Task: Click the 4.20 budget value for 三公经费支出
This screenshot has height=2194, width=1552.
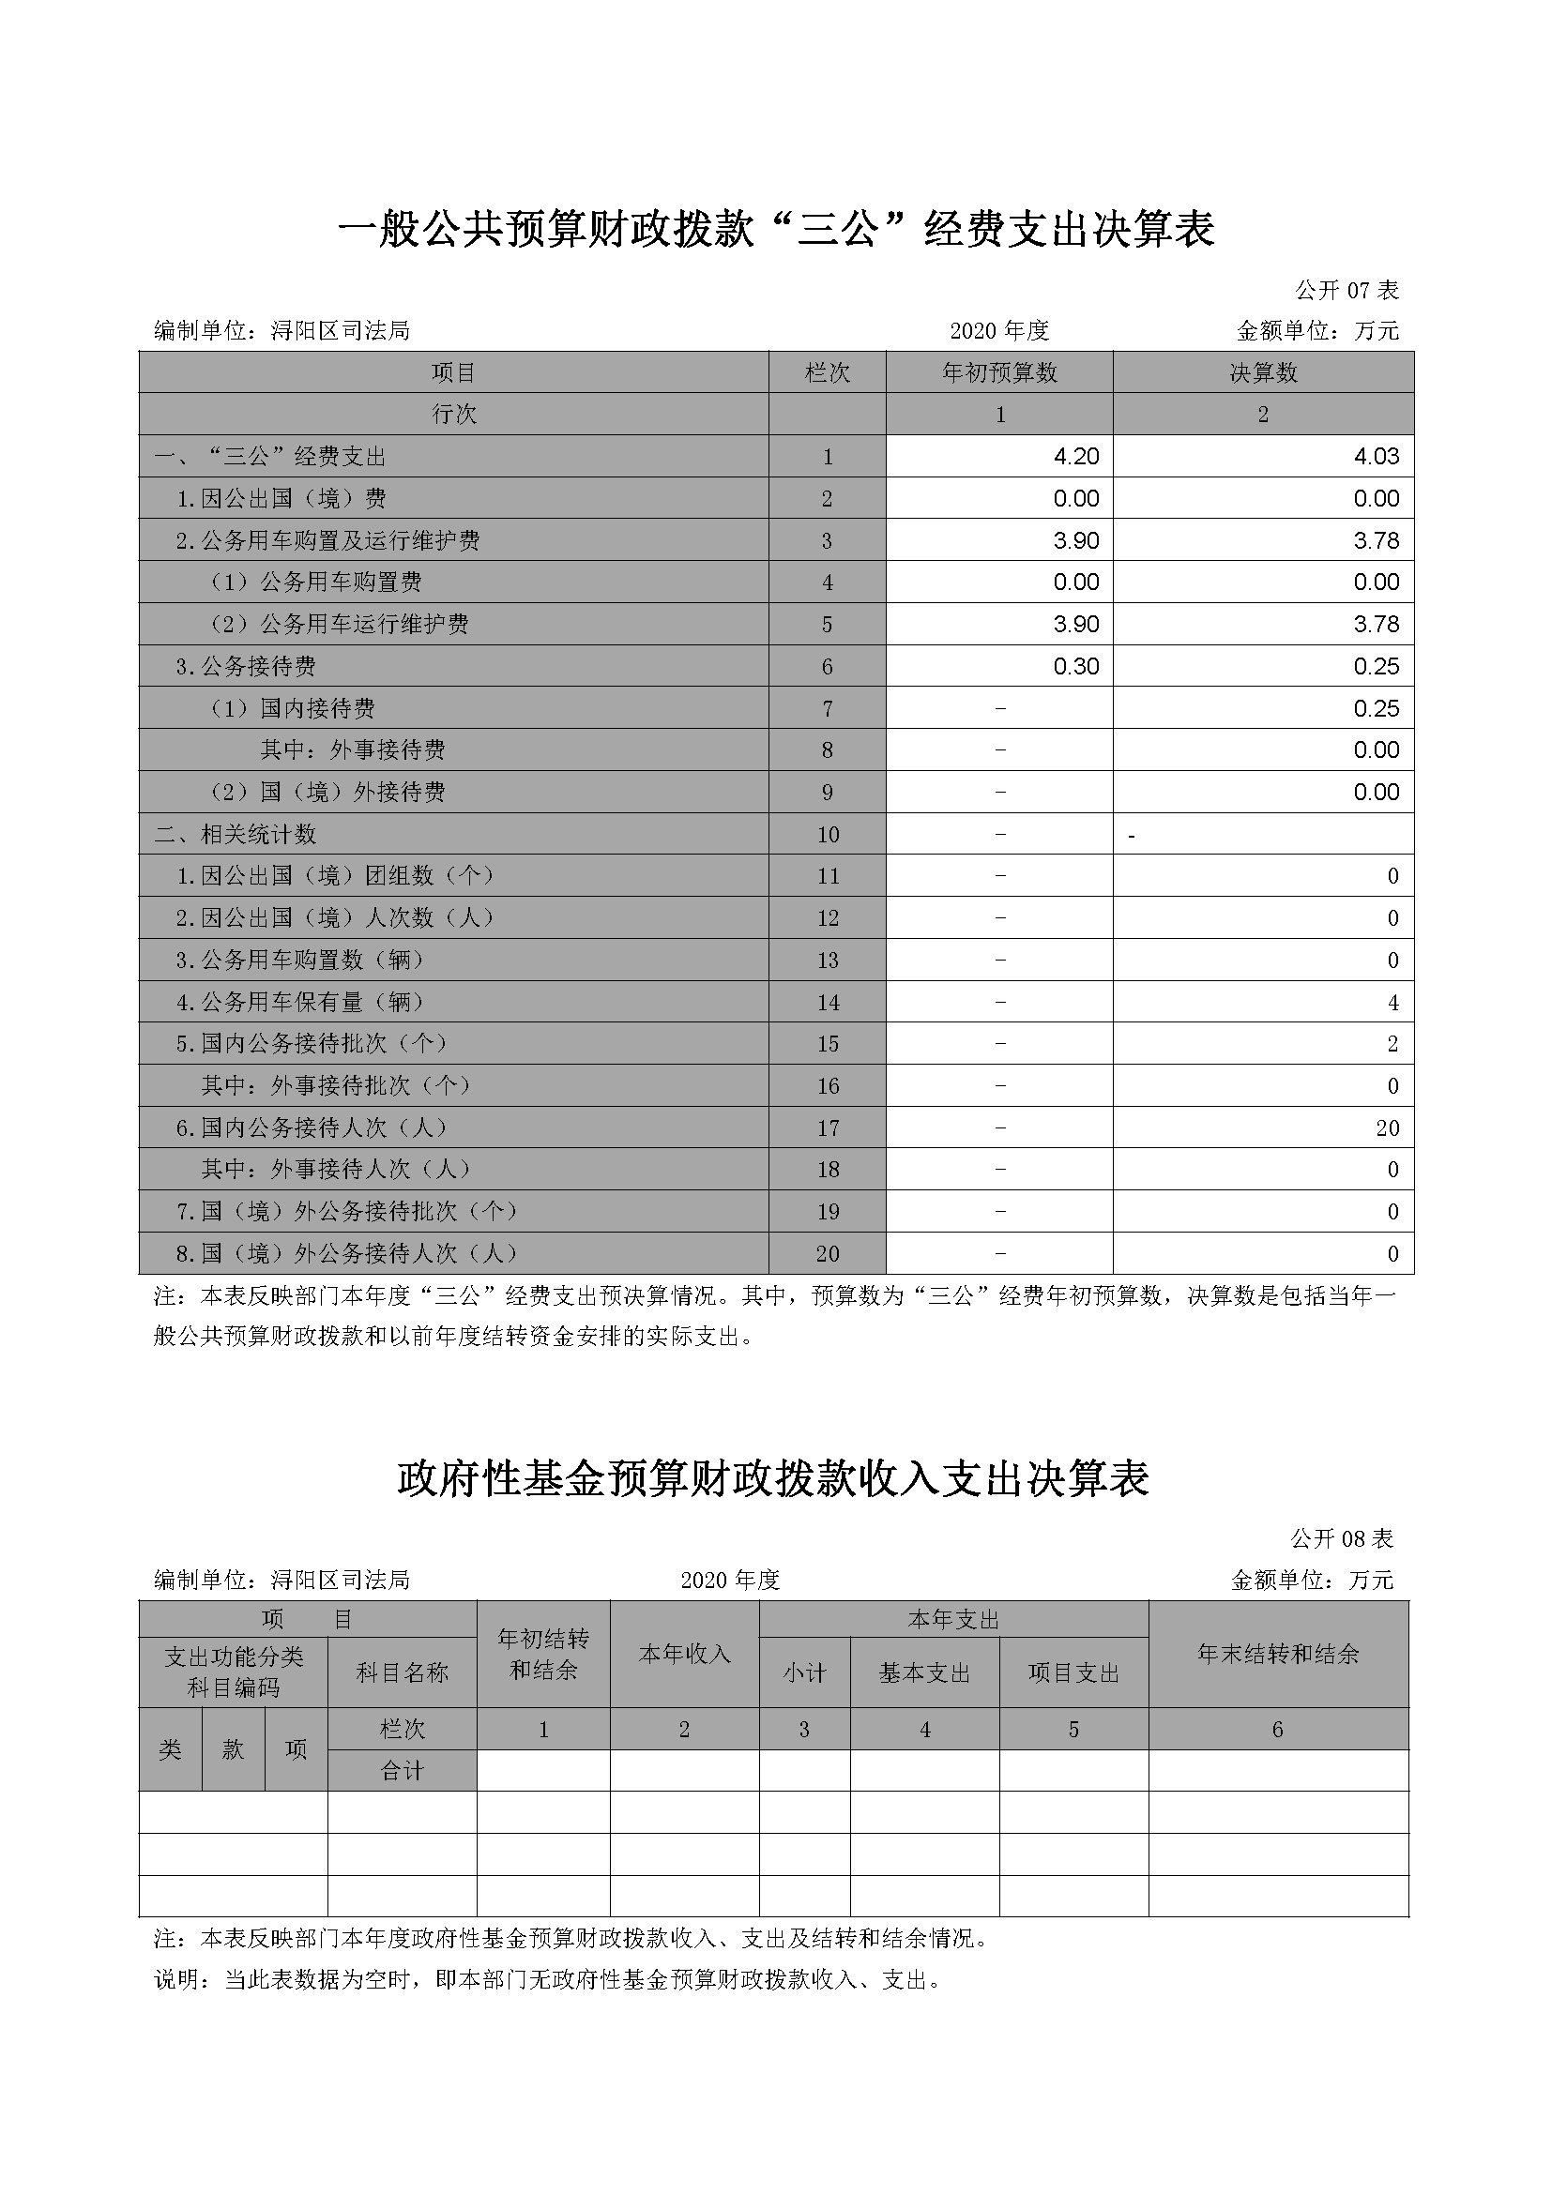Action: pos(1076,457)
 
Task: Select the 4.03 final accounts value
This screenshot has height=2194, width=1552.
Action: pos(1377,457)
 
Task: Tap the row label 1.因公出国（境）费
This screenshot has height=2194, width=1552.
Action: pos(281,499)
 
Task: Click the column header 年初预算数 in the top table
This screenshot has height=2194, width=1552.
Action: pos(999,372)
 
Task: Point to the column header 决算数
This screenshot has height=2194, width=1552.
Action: pos(1263,372)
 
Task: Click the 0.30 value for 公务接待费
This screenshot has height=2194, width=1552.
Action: pos(1076,666)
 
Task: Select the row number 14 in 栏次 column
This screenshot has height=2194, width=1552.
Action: pos(828,1003)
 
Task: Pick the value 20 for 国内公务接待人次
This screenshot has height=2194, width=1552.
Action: pos(1388,1128)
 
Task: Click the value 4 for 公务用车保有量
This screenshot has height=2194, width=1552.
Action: pos(1392,1003)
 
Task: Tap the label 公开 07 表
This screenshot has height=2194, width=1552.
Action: pos(1347,290)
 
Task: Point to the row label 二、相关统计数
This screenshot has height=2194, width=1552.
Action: pos(236,834)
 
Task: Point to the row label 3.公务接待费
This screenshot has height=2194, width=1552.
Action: pos(246,666)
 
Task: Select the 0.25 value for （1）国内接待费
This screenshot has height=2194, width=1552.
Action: pos(1377,708)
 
